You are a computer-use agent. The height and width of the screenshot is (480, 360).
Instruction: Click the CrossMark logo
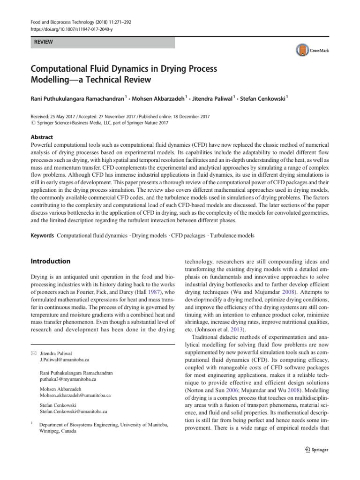312,50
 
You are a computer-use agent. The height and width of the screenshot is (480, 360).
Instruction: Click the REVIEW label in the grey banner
43,42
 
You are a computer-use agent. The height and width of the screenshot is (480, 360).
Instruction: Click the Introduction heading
51,261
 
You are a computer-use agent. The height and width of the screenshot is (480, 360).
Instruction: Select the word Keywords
42,236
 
